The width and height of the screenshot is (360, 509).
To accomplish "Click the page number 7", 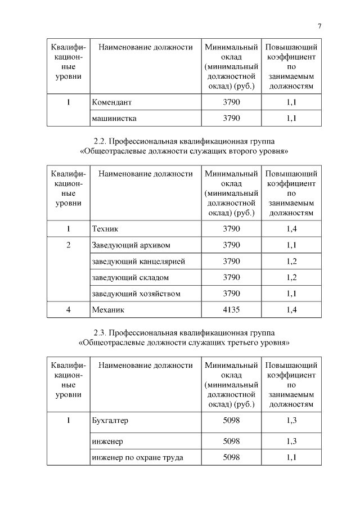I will (x=319, y=26).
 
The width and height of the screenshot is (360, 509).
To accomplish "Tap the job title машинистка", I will (x=114, y=118).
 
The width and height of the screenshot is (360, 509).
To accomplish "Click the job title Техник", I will (x=105, y=229).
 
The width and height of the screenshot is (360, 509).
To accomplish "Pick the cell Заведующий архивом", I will (x=130, y=245).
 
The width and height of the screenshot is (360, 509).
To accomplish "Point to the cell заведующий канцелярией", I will (x=138, y=262).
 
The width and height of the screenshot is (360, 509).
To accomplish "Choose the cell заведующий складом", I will (x=130, y=277).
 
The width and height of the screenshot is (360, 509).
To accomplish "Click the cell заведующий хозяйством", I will (x=136, y=294).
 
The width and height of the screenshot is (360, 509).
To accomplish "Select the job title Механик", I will (x=108, y=309).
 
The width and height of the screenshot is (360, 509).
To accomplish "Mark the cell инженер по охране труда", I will (x=137, y=457).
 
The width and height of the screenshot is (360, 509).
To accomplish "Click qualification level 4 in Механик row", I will (x=68, y=309).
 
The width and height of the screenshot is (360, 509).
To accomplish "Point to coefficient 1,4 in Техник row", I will (x=291, y=229).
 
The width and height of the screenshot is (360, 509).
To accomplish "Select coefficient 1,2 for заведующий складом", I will (x=291, y=277).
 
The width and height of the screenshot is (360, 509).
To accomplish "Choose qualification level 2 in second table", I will (x=68, y=245).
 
